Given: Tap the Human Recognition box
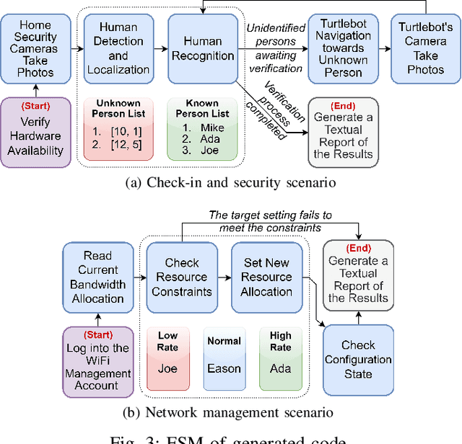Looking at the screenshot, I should (x=203, y=48).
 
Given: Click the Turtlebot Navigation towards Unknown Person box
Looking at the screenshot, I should (x=342, y=48).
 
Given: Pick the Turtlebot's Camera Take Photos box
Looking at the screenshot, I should (x=426, y=48).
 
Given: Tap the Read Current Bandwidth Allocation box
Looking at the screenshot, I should (x=98, y=276).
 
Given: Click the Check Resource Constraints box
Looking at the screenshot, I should (x=182, y=276).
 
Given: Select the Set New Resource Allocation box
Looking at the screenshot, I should (x=266, y=276).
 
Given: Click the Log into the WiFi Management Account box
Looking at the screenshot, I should (x=98, y=360).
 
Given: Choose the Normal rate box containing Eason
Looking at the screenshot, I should (x=223, y=358).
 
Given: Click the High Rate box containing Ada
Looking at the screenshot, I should (x=280, y=358).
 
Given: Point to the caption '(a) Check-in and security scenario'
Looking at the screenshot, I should (x=230, y=182).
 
